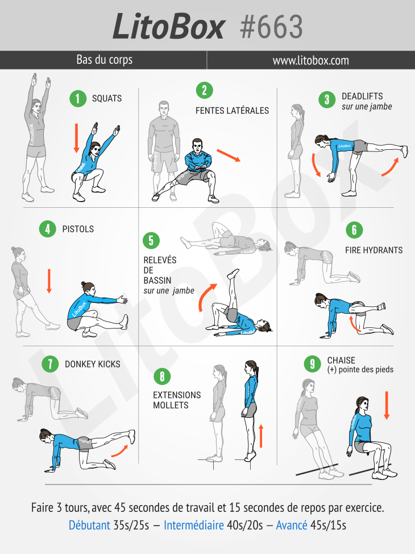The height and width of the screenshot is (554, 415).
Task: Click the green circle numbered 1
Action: pyautogui.click(x=78, y=99)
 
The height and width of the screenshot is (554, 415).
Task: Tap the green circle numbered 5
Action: pyautogui.click(x=151, y=241)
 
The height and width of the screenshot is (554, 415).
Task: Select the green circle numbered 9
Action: pyautogui.click(x=312, y=364)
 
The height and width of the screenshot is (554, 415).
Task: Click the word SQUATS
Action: pyautogui.click(x=106, y=99)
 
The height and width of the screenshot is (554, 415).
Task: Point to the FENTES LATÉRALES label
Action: pyautogui.click(x=232, y=110)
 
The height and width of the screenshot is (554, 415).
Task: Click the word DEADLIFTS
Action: pyautogui.click(x=362, y=96)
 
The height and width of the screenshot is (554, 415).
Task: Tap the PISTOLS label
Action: pyautogui.click(x=78, y=229)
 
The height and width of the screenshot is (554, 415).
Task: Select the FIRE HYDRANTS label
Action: pyautogui.click(x=374, y=250)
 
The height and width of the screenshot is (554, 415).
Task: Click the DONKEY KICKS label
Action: pyautogui.click(x=93, y=364)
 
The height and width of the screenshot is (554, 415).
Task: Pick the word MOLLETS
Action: pyautogui.click(x=171, y=405)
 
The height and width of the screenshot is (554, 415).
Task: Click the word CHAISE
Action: pyautogui.click(x=341, y=360)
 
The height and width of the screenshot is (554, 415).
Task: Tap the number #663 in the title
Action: pyautogui.click(x=271, y=27)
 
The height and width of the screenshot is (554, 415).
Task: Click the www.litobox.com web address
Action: pyautogui.click(x=310, y=60)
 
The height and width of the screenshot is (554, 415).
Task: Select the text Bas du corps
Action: pyautogui.click(x=105, y=60)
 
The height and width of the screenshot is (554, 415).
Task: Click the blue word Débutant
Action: pyautogui.click(x=89, y=525)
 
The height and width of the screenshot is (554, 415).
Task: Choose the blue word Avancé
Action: pyautogui.click(x=292, y=525)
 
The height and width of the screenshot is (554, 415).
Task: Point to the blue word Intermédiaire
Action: pyautogui.click(x=194, y=525)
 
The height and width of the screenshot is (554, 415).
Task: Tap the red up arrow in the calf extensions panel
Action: pyautogui.click(x=261, y=436)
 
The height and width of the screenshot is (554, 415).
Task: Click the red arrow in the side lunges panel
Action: pyautogui.click(x=229, y=155)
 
